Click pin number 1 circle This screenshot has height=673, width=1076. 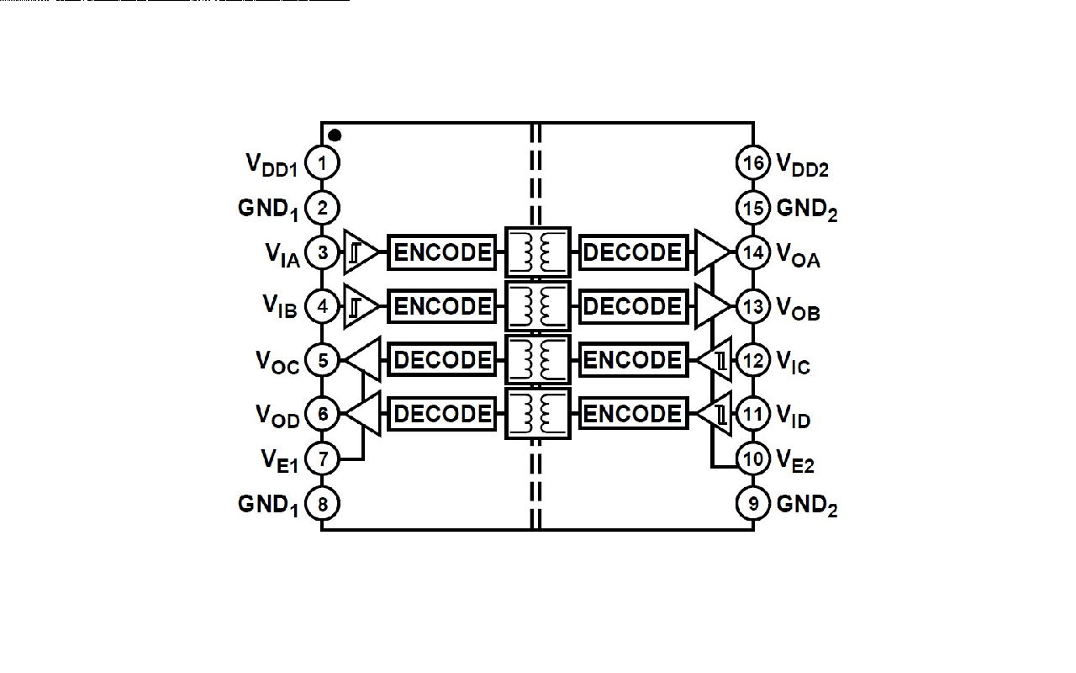322,162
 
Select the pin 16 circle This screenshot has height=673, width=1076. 753,162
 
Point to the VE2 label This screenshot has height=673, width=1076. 795,460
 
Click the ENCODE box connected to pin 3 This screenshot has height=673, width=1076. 442,252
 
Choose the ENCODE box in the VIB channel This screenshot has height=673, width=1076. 442,306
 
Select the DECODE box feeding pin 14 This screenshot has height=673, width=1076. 632,252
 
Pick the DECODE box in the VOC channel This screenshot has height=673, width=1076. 442,360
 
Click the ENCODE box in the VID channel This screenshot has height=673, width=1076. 632,413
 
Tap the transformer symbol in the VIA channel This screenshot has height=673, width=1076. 537,252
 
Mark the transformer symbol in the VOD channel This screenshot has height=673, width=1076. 537,413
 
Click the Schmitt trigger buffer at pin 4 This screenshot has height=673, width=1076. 361,306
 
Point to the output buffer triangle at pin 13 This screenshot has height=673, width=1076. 711,306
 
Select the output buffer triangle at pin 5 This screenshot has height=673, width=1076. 364,360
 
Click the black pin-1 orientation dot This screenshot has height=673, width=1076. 335,135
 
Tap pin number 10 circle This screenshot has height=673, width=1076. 753,458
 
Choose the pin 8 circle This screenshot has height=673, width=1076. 322,504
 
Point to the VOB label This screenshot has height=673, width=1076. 798,309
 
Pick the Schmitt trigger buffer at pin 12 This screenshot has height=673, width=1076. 715,360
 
